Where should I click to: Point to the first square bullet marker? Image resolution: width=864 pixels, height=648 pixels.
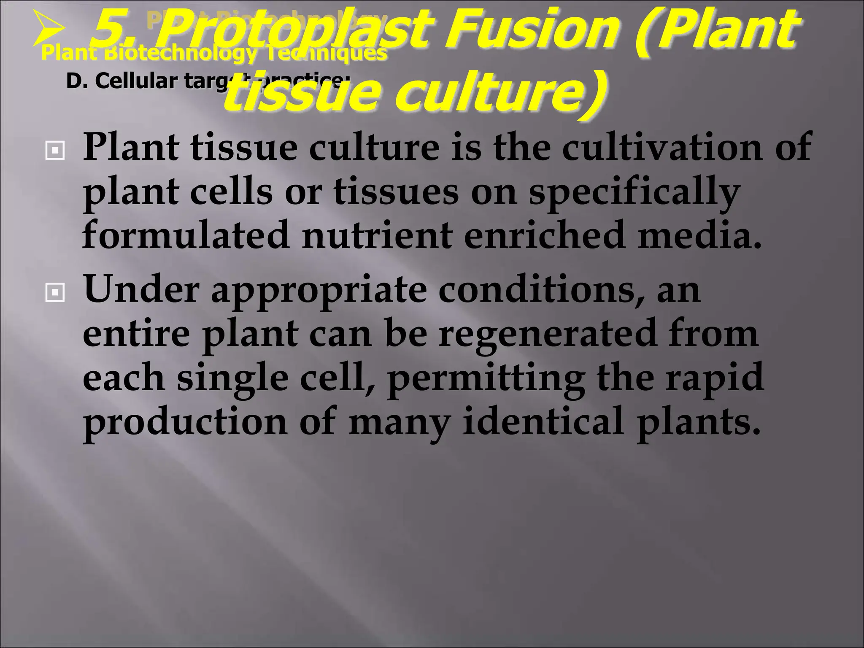click(x=55, y=150)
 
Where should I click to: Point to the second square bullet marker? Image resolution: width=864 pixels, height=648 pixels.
click(x=55, y=292)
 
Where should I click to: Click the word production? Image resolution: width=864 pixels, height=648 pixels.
click(x=186, y=422)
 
